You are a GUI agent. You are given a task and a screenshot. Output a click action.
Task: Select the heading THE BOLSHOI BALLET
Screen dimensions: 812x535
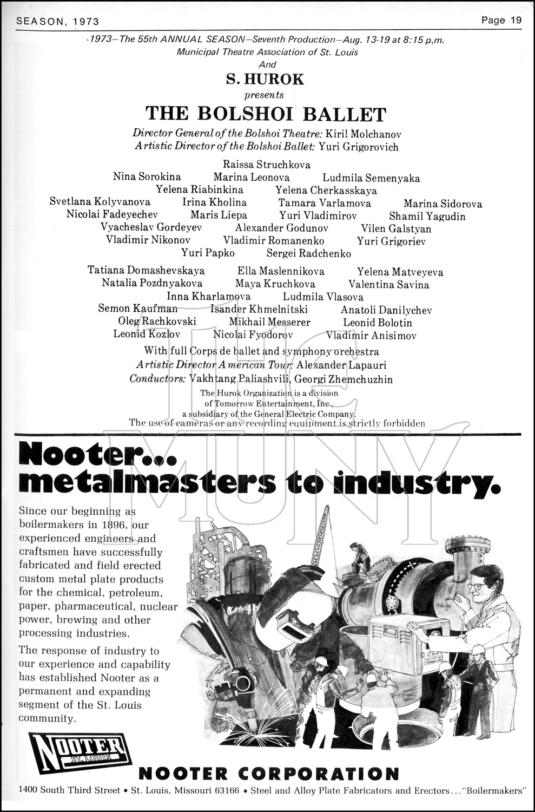pos(266,114)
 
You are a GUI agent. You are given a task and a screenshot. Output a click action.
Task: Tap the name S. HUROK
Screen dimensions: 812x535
pos(265,80)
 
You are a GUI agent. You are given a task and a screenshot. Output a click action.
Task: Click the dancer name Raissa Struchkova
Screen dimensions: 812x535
pos(267,165)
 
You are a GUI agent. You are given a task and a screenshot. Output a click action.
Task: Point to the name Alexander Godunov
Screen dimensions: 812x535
pos(281,228)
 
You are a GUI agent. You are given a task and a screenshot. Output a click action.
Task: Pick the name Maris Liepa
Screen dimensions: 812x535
pos(219,215)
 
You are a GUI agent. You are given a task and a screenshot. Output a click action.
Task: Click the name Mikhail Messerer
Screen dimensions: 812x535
pos(269,323)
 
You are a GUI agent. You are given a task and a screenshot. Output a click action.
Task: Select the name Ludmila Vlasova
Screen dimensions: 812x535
pos(323,297)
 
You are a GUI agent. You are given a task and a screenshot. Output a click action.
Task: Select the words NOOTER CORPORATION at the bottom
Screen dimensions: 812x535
pos(268,773)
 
